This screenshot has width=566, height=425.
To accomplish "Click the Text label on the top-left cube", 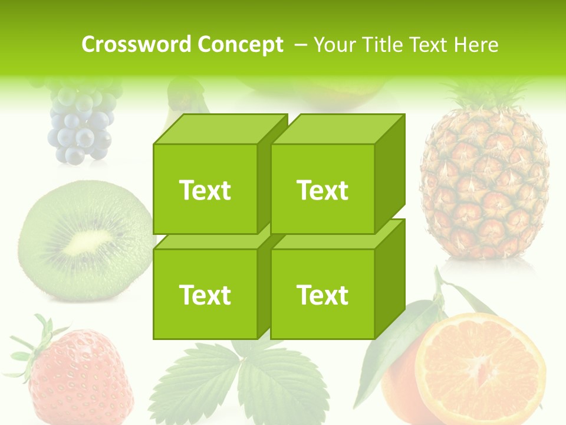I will point(205,190).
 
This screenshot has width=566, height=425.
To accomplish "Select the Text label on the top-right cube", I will point(323,190).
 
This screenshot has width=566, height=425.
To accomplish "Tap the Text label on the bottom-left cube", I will point(205,295).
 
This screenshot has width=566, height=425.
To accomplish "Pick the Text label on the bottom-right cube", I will point(323,295).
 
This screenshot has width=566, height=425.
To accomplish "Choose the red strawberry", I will point(80,378).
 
